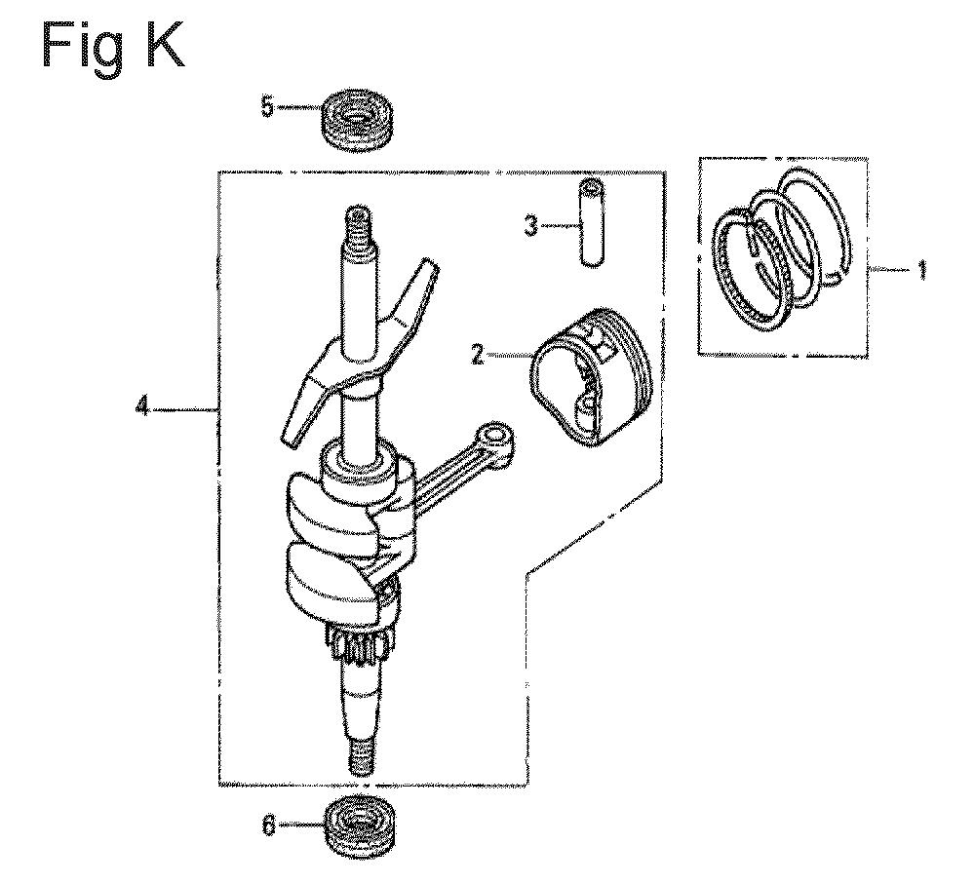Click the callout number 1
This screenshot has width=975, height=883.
pos(922,270)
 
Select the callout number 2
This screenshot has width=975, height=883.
pos(478,356)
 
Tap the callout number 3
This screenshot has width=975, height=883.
pos(531,226)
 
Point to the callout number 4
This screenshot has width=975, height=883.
pos(142,409)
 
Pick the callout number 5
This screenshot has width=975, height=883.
pos(267,107)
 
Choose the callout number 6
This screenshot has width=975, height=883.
pos(268,825)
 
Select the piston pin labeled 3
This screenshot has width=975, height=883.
pos(593,222)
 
